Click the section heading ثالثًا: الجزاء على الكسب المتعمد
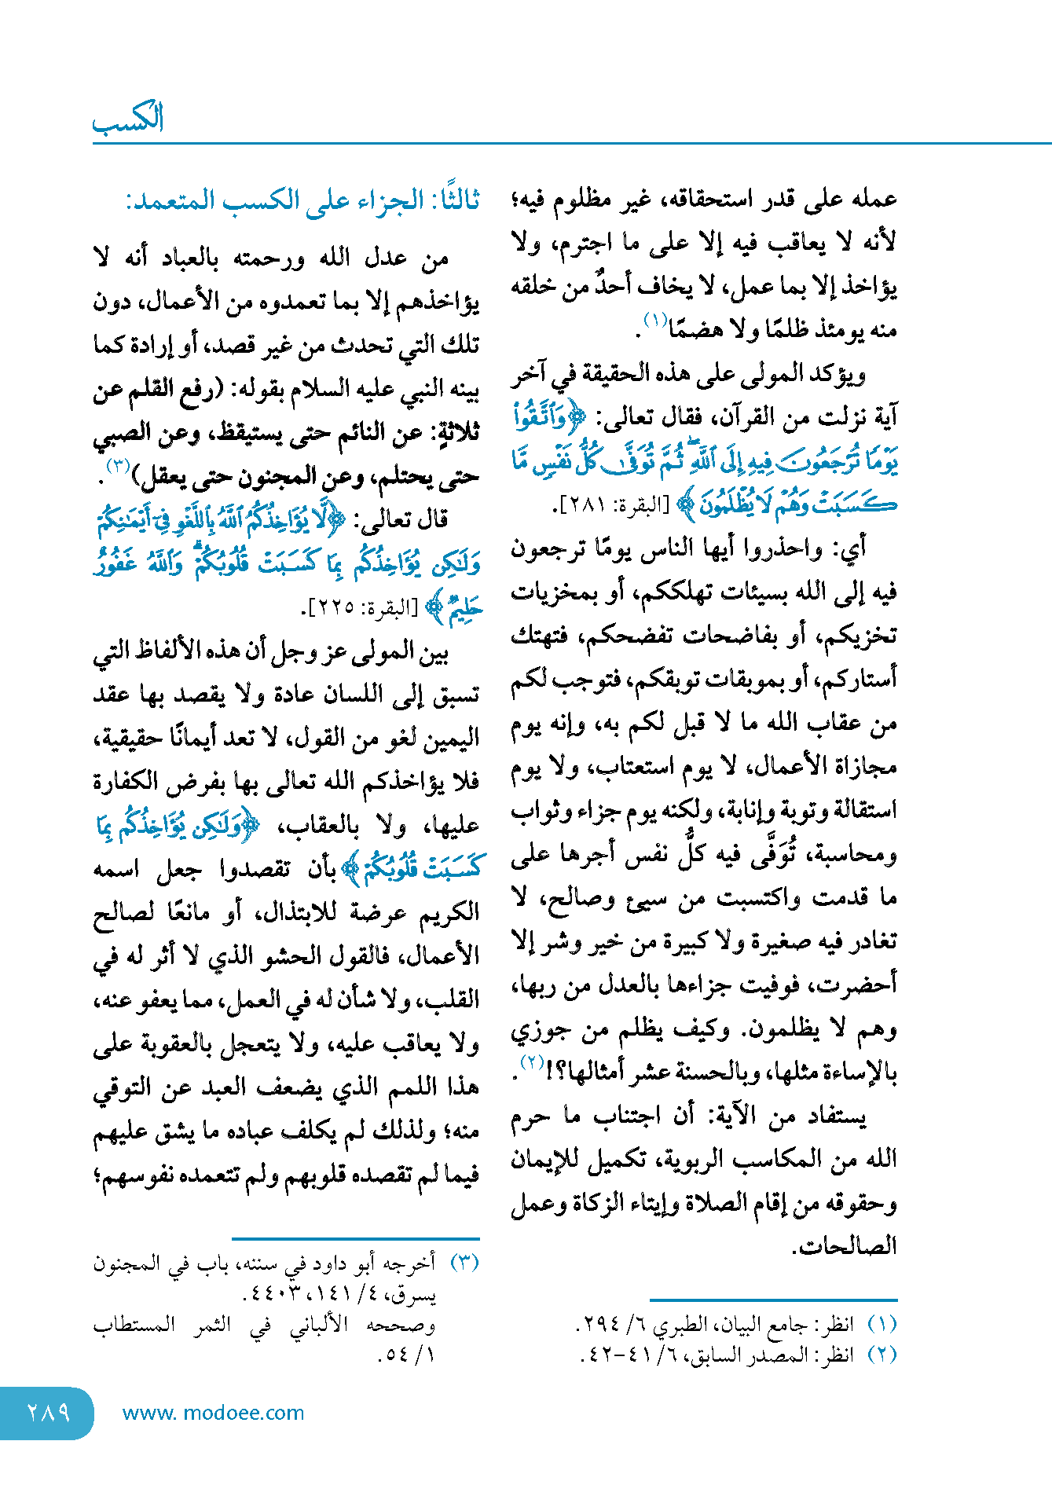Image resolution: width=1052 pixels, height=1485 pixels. point(302,200)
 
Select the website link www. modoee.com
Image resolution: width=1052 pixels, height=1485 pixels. point(213,1413)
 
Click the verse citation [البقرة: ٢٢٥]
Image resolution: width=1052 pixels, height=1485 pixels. point(362,608)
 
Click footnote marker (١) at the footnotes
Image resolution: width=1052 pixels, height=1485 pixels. point(882,1325)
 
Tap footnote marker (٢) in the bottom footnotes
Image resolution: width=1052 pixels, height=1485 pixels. point(882,1355)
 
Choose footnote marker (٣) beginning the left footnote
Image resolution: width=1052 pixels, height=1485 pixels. point(464,1263)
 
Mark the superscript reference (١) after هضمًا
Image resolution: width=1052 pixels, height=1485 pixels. point(654,319)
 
